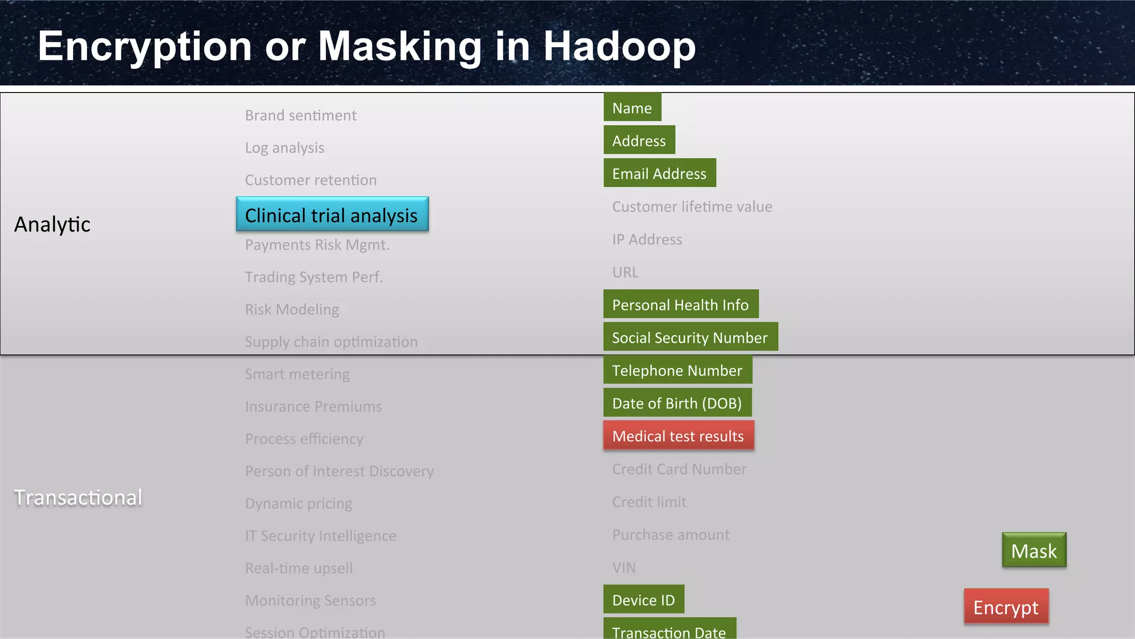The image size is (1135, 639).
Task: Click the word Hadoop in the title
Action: tap(618, 47)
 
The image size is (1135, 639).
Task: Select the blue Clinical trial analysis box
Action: tap(332, 214)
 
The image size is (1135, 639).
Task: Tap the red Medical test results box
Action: tap(678, 436)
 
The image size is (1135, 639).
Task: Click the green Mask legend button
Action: tap(1034, 550)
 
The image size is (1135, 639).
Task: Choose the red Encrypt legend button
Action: tap(1006, 607)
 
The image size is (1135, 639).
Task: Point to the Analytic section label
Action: tap(52, 224)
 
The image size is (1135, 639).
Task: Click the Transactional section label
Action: tap(78, 497)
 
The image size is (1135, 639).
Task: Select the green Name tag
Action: tap(632, 108)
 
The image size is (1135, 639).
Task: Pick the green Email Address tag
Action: tap(659, 173)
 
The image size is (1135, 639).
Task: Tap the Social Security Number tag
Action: tap(690, 337)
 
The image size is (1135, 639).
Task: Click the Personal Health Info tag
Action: tap(681, 304)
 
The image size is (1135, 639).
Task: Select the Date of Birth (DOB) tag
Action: tap(677, 403)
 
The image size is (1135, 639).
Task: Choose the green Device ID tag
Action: tap(643, 600)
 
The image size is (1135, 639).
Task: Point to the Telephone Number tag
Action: tap(677, 370)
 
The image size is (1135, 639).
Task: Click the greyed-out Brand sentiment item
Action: tap(301, 115)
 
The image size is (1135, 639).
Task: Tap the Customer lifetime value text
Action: tap(692, 207)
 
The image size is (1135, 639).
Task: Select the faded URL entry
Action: tap(625, 272)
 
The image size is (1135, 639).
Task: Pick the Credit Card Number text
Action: tap(679, 469)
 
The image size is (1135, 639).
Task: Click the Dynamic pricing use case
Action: tap(299, 503)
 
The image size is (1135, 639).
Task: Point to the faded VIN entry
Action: tap(624, 568)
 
